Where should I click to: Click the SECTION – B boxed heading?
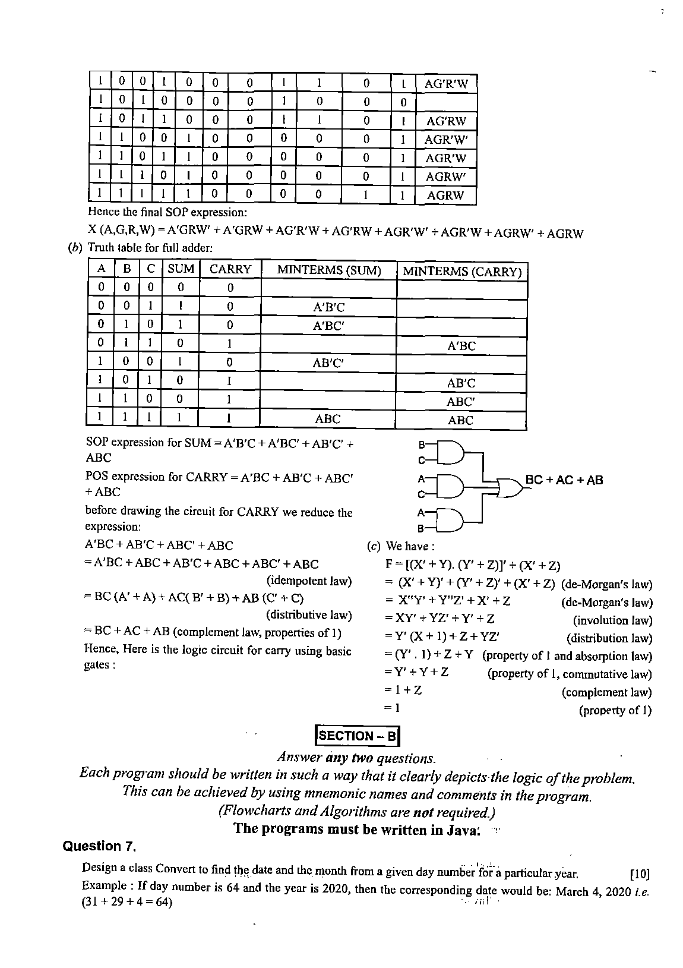[x=358, y=736]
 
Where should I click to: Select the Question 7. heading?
[x=100, y=846]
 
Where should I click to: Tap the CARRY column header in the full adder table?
[x=230, y=269]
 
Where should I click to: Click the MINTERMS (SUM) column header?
[x=328, y=270]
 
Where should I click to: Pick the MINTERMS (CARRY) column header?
[x=461, y=272]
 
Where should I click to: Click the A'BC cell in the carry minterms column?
[x=461, y=346]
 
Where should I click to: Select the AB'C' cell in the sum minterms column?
[x=328, y=363]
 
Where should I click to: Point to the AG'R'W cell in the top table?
[x=446, y=84]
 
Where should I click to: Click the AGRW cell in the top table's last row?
[x=445, y=196]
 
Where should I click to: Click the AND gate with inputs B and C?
[x=451, y=452]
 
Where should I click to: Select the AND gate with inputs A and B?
[x=451, y=520]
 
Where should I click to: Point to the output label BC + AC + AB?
[x=564, y=480]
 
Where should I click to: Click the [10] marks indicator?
[x=640, y=874]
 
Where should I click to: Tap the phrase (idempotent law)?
[x=309, y=581]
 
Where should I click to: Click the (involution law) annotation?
[x=612, y=620]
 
